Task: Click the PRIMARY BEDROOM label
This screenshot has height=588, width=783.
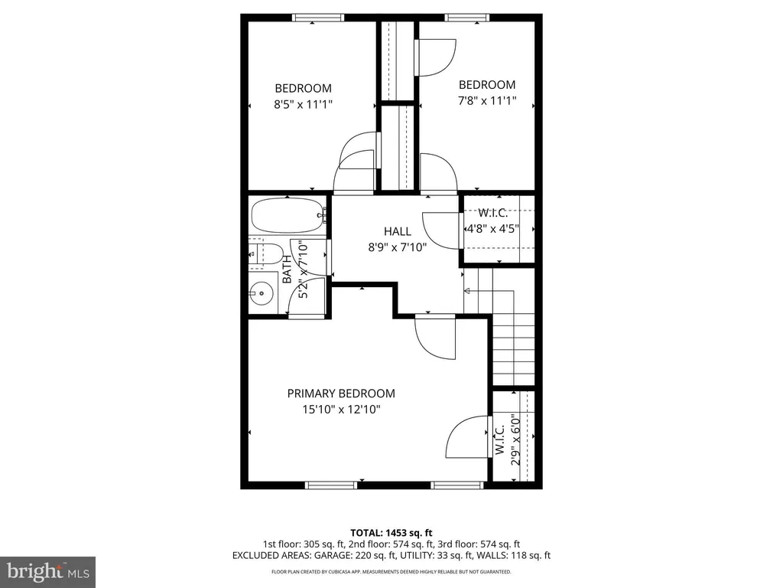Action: point(341,394)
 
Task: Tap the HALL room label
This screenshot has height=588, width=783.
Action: point(398,231)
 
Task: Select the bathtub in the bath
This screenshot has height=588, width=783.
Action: point(288,215)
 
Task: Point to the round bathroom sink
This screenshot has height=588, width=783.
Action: point(262,293)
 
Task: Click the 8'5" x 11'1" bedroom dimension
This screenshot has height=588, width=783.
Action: point(303,104)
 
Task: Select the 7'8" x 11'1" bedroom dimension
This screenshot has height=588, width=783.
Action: point(487,100)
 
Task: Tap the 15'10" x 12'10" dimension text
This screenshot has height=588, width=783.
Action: point(342,410)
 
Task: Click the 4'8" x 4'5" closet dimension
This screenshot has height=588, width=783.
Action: point(493,229)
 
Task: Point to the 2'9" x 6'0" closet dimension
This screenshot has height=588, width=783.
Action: point(516,439)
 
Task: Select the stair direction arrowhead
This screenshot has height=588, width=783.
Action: point(467,290)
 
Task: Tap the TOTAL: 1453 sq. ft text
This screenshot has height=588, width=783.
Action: point(391,533)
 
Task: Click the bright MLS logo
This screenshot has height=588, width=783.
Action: point(48,571)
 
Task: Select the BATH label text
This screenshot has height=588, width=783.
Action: point(288,269)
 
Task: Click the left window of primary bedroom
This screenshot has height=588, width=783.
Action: point(331,485)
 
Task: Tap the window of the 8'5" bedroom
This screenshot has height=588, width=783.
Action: point(318,18)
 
